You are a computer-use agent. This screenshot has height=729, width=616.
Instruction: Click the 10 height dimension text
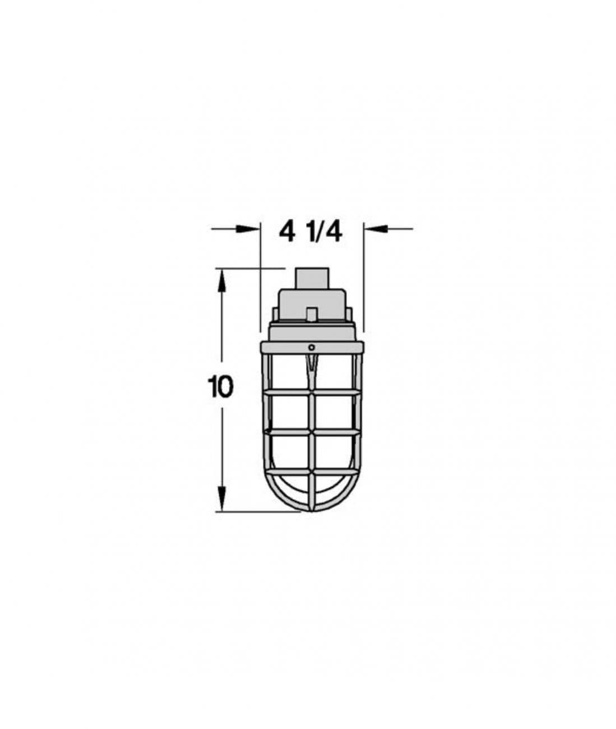220,387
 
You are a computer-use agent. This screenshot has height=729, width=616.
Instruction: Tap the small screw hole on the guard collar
312,348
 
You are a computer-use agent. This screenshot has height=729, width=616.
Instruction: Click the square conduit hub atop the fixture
312,276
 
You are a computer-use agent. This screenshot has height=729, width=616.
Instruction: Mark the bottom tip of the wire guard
312,511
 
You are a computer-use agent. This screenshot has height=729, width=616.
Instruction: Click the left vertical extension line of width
261,280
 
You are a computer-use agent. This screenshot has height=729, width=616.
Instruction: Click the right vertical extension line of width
364,280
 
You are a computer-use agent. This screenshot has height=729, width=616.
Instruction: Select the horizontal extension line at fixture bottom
258,511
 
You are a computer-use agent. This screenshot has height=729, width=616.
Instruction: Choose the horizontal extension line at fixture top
252,269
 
